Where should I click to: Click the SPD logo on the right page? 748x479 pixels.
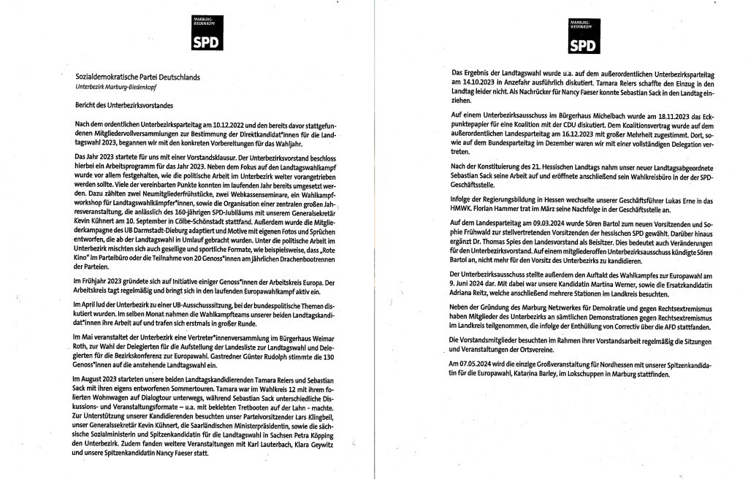581,39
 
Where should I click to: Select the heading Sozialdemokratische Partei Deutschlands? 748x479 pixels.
138,76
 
